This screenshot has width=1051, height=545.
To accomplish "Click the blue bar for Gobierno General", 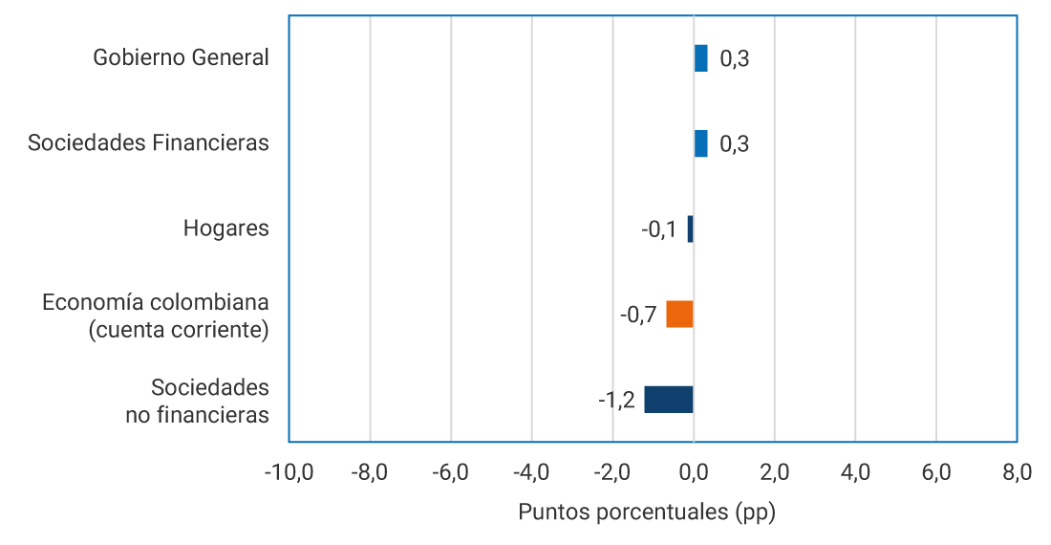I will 700,58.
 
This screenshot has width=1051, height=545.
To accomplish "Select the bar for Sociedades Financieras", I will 700,143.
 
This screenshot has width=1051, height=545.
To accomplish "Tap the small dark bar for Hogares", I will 690,229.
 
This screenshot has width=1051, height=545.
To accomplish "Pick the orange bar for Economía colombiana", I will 679,315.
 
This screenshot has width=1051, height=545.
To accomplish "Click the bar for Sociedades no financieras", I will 668,400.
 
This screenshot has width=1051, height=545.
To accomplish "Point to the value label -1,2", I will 616,400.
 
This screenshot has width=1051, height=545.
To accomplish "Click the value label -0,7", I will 638,315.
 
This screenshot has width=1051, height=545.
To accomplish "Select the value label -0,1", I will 659,229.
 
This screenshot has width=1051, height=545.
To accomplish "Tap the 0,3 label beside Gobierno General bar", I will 735,59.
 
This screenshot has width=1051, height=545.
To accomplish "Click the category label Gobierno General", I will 181,57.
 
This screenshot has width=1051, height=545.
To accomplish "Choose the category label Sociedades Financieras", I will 148,143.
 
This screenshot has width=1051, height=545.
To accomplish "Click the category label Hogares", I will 225,229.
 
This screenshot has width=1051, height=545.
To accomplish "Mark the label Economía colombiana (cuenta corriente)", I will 155,316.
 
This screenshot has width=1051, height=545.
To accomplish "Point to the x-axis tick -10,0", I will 289,472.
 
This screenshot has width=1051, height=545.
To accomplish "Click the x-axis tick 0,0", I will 693,472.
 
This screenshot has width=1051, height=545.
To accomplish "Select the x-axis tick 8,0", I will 1017,472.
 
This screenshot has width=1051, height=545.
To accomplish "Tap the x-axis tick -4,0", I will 531,472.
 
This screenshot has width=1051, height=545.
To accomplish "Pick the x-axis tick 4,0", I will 855,472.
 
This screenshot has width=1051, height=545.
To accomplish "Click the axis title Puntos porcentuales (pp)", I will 647,512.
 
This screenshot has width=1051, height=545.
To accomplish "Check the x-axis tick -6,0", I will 450,472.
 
